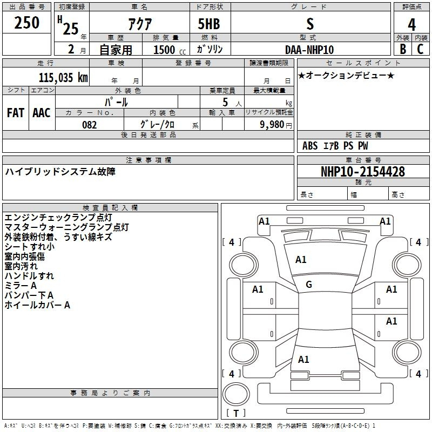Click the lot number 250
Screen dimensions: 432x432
pos(26,22)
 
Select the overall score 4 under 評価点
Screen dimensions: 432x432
pos(411,24)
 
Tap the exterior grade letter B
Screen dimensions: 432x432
pos(403,49)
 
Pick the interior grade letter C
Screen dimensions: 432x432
pos(420,49)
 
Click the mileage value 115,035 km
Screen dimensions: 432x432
pos(63,77)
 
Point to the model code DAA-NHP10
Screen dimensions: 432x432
pos(309,50)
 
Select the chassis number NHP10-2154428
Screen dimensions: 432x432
pos(363,172)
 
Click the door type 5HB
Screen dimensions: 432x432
pos(209,24)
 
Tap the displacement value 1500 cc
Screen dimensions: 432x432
pos(170,50)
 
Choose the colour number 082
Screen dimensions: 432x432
pos(90,125)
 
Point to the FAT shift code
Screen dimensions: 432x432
pos(16,113)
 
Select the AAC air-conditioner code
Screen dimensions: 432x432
pos(42,113)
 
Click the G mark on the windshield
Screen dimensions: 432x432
pos(309,285)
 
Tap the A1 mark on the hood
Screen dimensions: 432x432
pos(301,260)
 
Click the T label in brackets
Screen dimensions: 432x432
pos(236,413)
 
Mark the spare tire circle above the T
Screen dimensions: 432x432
pos(236,394)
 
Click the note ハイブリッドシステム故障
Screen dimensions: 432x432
pos(60,172)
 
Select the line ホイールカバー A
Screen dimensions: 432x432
pos(37,305)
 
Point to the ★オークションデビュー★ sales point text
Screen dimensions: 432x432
pos(346,76)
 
